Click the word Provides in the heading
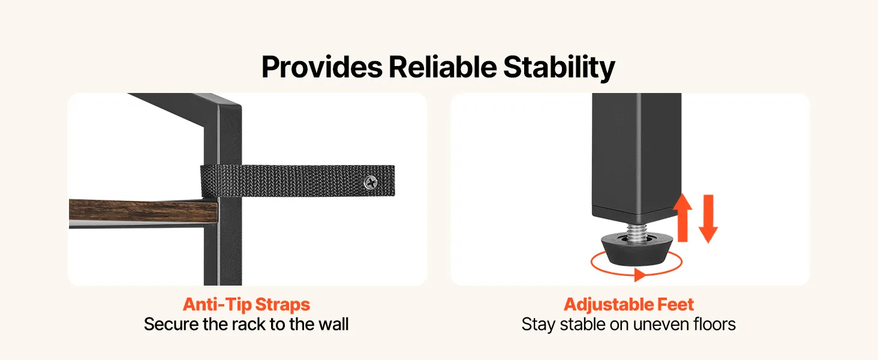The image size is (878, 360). click(322, 67)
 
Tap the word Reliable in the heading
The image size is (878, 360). click(443, 67)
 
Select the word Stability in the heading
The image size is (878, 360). click(559, 68)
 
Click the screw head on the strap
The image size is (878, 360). click(371, 182)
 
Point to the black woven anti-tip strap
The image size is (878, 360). click(298, 181)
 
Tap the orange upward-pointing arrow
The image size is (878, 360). click(682, 217)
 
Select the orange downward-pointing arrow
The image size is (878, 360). click(708, 218)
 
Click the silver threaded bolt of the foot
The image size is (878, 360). click(637, 232)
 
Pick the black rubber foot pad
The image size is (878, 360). click(638, 250)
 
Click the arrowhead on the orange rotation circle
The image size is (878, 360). click(640, 275)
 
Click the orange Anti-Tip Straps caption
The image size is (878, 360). click(246, 304)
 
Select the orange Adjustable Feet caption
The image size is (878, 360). click(629, 304)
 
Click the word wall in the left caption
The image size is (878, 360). click(333, 325)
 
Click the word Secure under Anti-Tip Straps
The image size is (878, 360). click(172, 325)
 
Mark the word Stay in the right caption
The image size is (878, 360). click(539, 325)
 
